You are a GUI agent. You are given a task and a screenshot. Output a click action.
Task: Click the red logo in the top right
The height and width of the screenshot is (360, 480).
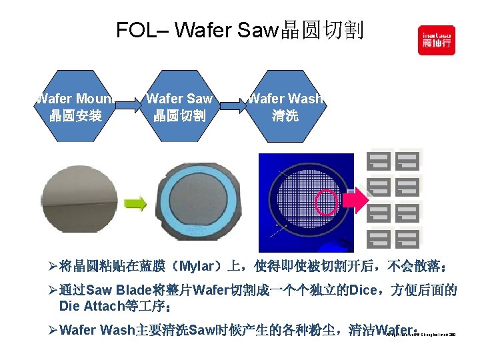tap(436, 40)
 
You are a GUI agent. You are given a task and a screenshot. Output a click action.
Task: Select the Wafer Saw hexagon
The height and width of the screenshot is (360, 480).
tap(179, 107)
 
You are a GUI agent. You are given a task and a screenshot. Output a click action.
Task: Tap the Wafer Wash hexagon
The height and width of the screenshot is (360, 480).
tap(285, 107)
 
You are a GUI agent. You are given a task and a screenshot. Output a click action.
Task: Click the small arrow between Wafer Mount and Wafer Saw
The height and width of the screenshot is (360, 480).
tap(129, 105)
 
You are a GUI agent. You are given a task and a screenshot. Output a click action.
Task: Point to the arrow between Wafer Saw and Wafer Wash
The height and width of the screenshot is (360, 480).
tap(233, 105)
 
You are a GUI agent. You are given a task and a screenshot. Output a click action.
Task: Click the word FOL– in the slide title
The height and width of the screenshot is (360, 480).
tap(136, 30)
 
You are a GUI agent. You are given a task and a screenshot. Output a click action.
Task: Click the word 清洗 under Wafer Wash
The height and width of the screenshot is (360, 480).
tap(285, 116)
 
